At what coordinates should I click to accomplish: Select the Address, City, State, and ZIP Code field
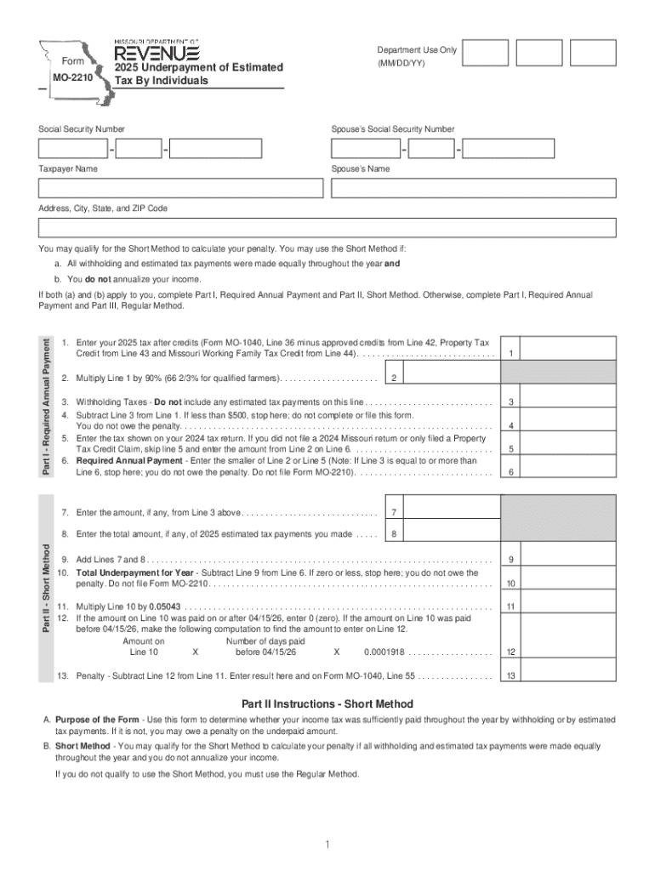tap(327, 227)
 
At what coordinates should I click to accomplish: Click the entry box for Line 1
tap(567, 350)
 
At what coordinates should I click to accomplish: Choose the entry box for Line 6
tap(567, 472)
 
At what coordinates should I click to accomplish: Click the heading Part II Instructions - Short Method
tap(327, 703)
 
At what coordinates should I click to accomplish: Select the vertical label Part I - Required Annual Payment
tap(48, 407)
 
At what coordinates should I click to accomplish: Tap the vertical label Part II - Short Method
tap(48, 589)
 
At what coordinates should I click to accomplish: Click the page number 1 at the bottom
tap(327, 844)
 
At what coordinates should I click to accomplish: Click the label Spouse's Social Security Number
tap(392, 129)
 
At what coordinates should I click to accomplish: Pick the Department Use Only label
tap(417, 50)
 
